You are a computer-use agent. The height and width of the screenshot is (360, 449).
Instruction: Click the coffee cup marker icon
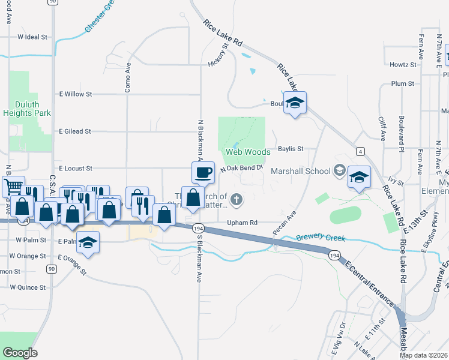pos(203,172)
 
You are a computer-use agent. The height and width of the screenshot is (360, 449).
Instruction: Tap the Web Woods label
pos(249,152)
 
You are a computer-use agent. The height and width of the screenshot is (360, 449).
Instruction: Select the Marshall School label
pos(301,171)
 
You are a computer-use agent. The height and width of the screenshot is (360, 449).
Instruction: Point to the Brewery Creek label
pos(320,238)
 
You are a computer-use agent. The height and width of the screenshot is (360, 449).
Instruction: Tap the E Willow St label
pos(75,94)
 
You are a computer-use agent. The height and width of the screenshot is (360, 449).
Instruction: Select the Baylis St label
pos(291,148)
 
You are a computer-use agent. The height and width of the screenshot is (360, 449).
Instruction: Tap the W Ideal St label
pos(32,37)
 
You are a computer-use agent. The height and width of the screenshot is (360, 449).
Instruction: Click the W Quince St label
pos(31,287)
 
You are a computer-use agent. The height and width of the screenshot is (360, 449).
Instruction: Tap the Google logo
pos(20,353)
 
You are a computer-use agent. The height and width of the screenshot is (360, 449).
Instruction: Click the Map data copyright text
pos(423,355)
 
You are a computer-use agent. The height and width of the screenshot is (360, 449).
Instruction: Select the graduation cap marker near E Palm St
pos(88,242)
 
